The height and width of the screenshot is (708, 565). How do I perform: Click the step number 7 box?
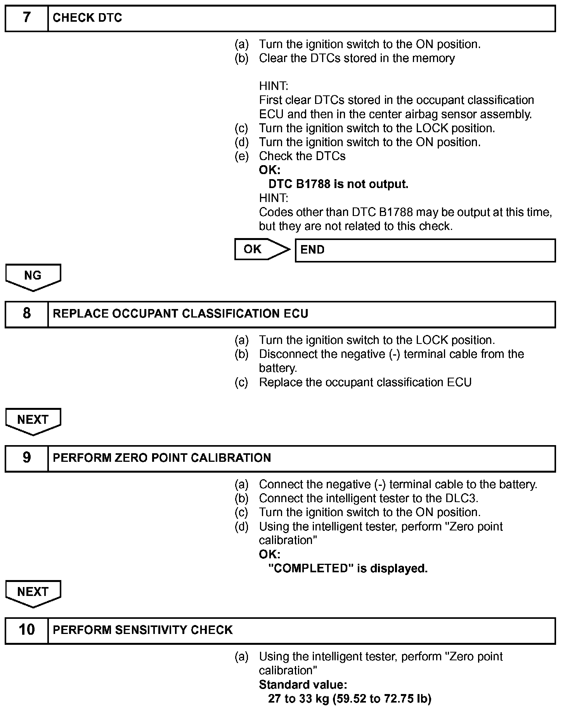click(26, 18)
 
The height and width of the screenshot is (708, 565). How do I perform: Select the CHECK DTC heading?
click(87, 18)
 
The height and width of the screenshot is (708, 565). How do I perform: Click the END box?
click(425, 250)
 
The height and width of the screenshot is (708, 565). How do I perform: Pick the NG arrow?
click(33, 277)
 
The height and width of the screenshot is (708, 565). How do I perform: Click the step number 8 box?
click(26, 314)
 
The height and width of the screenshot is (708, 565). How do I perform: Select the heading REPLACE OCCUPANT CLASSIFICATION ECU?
click(180, 314)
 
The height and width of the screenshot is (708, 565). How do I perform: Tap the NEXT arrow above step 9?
click(33, 421)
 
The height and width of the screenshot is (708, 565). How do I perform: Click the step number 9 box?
click(26, 458)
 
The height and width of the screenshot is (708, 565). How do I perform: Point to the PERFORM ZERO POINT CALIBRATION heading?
click(162, 458)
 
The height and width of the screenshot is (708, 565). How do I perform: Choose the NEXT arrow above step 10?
click(33, 593)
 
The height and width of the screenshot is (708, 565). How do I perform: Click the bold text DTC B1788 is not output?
click(338, 184)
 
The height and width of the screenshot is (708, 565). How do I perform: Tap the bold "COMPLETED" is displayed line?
click(348, 568)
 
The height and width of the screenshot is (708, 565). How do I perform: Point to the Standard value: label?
click(303, 684)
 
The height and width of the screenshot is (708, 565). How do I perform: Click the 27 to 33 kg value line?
click(349, 699)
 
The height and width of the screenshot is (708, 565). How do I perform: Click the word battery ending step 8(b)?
click(277, 368)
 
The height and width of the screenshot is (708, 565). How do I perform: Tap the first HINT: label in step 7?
click(274, 86)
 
